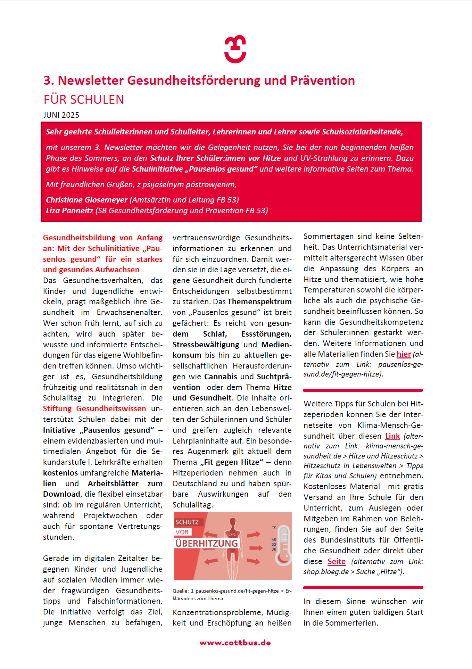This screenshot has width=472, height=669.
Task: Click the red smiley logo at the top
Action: (x=235, y=49)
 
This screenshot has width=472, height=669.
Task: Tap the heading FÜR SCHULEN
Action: (x=84, y=100)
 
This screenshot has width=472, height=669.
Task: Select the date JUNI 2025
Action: (x=61, y=115)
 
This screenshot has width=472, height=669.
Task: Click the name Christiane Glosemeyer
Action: (x=87, y=200)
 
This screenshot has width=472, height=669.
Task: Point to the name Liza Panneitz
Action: (x=69, y=210)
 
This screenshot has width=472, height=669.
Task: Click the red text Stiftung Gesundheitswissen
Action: (x=94, y=408)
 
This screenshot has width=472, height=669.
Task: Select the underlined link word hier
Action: (x=404, y=354)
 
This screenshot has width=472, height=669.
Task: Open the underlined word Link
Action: (x=392, y=436)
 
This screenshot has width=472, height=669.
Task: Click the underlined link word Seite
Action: (x=336, y=561)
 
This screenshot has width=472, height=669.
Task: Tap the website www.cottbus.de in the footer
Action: (x=235, y=643)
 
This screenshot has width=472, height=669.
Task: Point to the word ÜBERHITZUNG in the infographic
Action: (x=207, y=543)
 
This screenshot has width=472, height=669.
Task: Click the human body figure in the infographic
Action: (x=232, y=545)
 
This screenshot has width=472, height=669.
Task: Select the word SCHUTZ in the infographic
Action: (x=187, y=522)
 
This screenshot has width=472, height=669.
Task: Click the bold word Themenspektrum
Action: (x=259, y=302)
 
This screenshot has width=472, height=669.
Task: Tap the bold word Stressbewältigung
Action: (x=206, y=345)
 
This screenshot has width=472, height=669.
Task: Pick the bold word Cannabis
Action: (x=221, y=377)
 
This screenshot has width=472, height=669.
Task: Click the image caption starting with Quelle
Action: (x=232, y=594)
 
